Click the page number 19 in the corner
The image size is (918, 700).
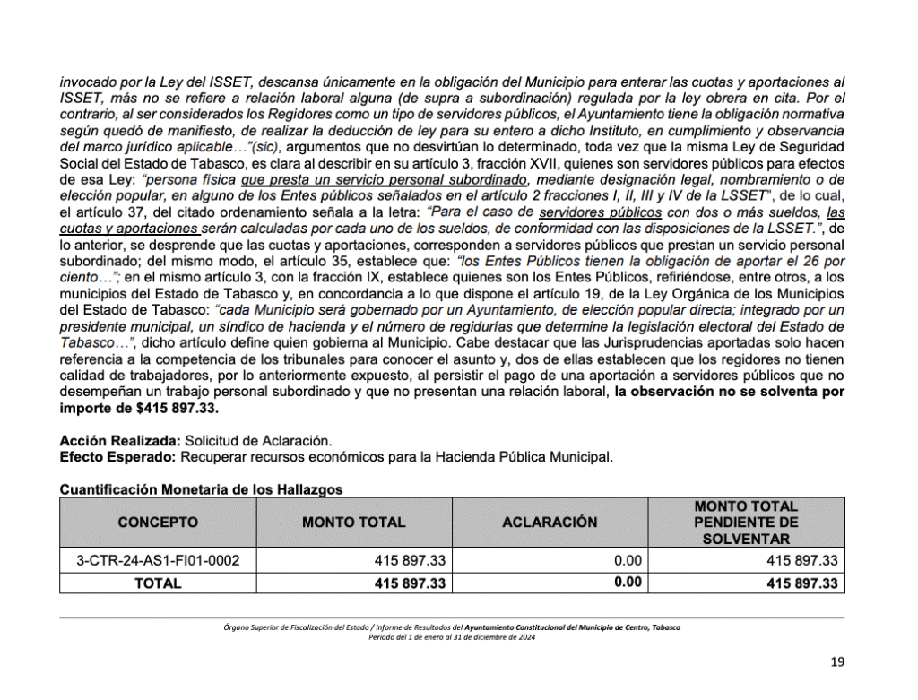point(837,663)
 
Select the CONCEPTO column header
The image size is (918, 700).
point(158,522)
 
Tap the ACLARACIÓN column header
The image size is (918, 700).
point(550,522)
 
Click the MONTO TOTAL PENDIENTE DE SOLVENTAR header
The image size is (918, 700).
point(746,523)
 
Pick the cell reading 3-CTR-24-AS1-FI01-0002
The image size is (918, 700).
point(158,561)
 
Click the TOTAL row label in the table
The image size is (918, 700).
point(158,583)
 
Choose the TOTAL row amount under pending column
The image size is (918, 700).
point(802,583)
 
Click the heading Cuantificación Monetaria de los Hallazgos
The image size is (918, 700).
point(201,489)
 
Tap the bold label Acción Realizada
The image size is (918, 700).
point(119,441)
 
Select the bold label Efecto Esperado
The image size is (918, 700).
point(118,456)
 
